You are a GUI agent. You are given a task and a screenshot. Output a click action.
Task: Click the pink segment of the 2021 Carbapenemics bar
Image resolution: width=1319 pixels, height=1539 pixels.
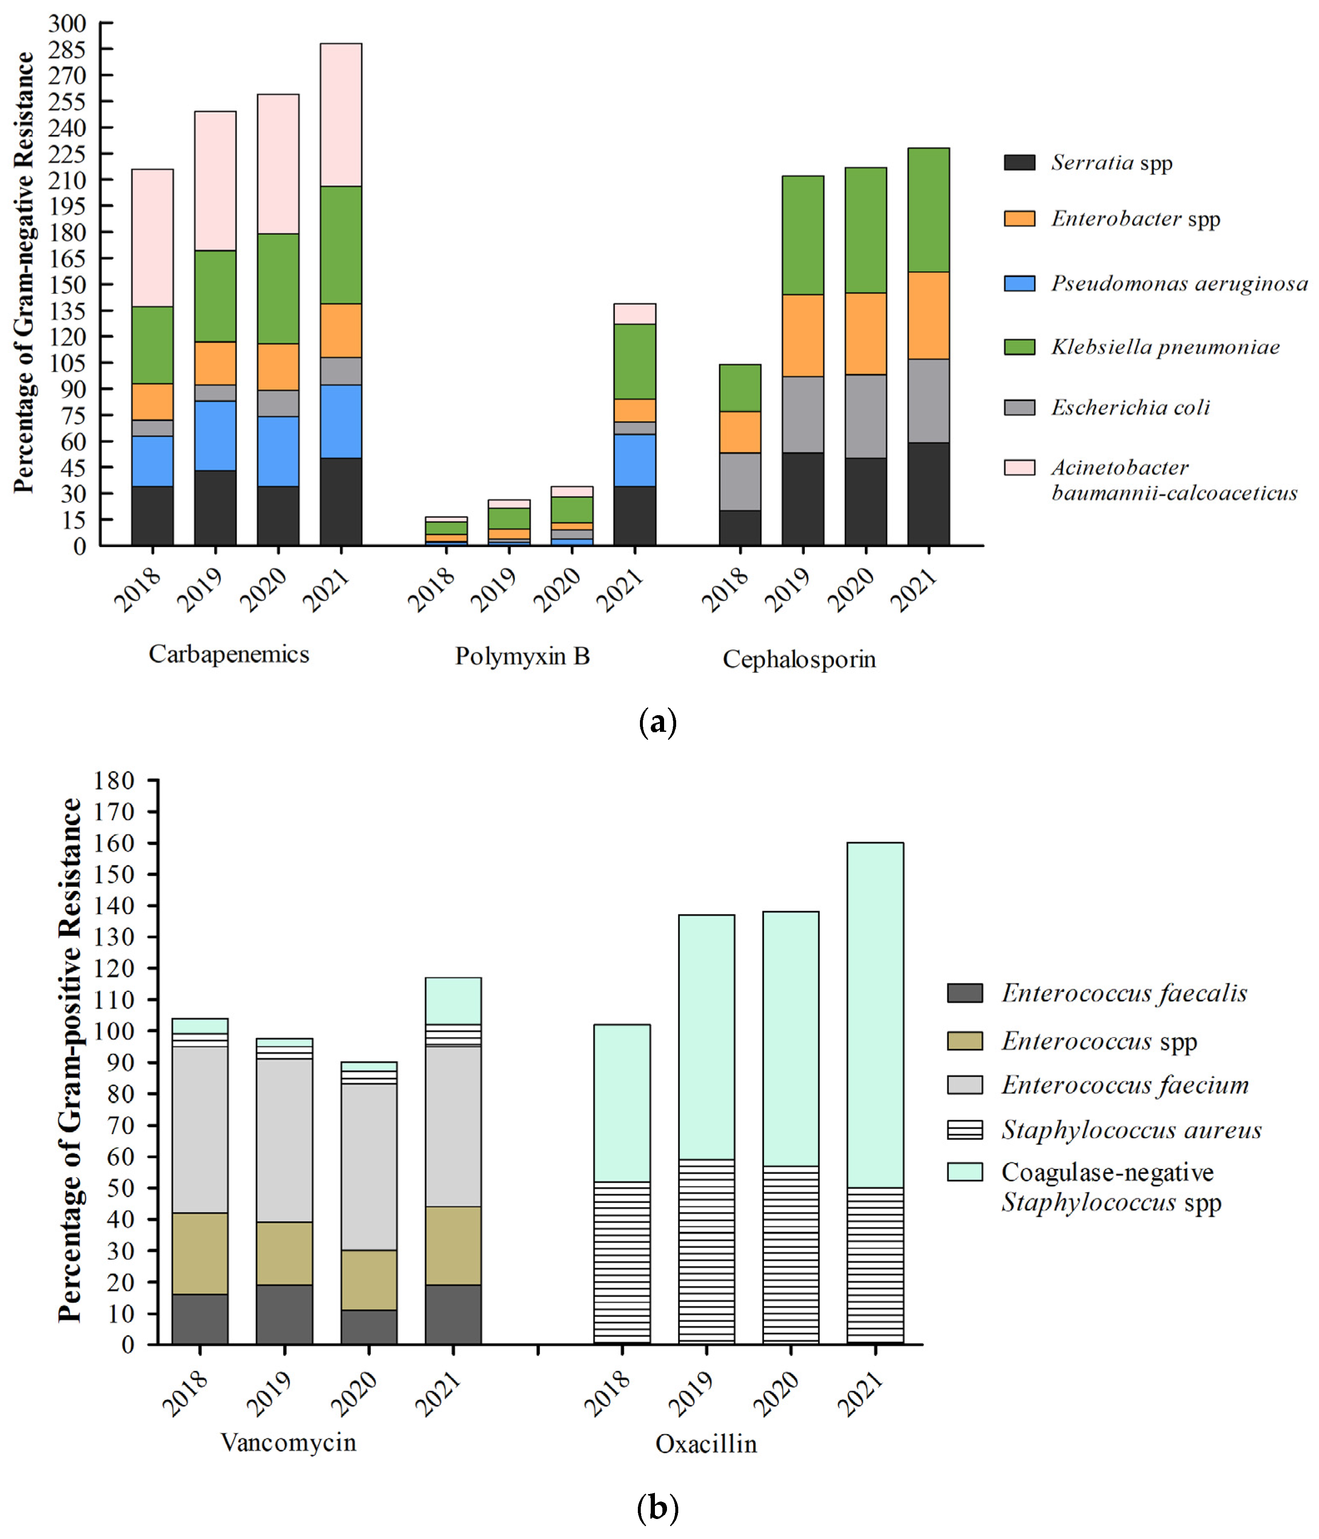pos(341,115)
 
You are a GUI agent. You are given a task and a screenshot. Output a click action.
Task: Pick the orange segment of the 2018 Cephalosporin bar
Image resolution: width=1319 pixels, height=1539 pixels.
pos(740,432)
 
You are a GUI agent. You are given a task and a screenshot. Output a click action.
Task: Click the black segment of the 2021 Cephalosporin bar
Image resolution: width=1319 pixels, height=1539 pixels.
pos(928,494)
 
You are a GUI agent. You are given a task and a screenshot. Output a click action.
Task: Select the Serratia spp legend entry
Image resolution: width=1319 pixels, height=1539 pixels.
pos(1111,163)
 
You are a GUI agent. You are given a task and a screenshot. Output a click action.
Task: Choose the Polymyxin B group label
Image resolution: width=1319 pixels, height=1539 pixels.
pos(522,656)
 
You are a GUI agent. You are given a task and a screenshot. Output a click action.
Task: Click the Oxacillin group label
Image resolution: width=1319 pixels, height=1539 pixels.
pos(706,1444)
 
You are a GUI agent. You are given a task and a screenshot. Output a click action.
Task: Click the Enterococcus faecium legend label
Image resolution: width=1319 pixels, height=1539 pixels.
pos(1125,1085)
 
